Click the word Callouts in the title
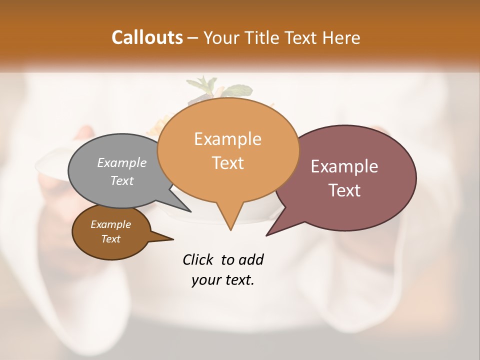coord(147,37)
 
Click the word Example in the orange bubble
coord(227,139)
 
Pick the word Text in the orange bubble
coord(227,163)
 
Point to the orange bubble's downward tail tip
coord(230,229)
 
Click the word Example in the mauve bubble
coord(344,166)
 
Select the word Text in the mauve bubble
coord(344,190)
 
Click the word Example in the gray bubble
coord(122,163)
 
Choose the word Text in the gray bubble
coord(122,180)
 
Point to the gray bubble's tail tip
coord(190,211)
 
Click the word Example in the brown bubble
coord(110,224)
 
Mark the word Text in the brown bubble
coord(110,239)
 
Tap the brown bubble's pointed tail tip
coord(173,239)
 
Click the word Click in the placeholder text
coord(198,260)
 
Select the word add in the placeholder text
coord(250,260)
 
